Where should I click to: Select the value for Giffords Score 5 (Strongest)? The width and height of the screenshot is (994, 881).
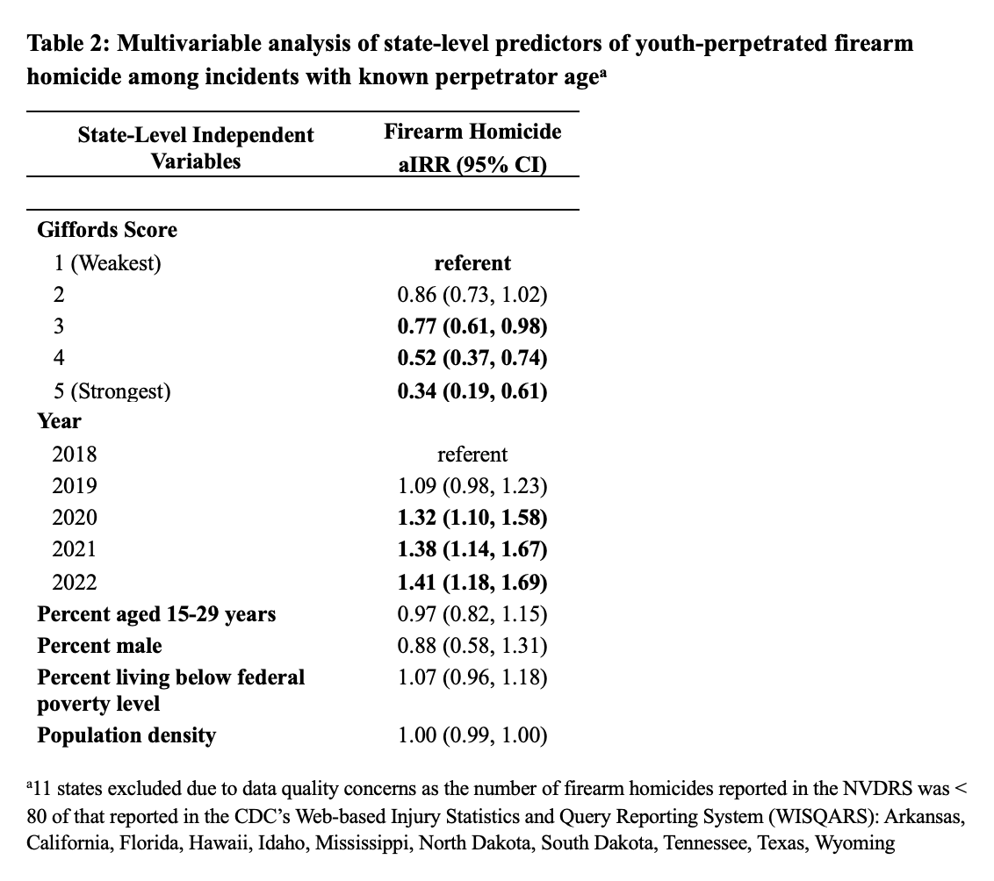tap(472, 390)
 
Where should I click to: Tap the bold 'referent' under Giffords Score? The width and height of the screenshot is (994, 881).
tap(472, 262)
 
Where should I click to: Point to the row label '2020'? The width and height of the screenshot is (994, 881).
tap(75, 518)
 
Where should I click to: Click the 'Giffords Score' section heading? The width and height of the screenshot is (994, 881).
tap(107, 230)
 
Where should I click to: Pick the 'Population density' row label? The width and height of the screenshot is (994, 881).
tap(126, 734)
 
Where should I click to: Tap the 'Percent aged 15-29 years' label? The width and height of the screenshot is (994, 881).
tap(156, 614)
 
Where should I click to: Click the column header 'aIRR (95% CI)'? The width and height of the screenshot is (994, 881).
tap(472, 164)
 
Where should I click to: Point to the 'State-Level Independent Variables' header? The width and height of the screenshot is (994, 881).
tap(195, 147)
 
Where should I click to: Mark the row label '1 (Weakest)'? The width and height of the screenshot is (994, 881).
tap(107, 262)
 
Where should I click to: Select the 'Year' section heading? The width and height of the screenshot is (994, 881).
tap(59, 421)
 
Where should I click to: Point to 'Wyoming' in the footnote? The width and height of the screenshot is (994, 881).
tap(851, 843)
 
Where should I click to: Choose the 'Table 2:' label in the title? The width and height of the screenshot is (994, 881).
tap(67, 44)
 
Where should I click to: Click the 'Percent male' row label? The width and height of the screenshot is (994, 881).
tap(99, 646)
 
